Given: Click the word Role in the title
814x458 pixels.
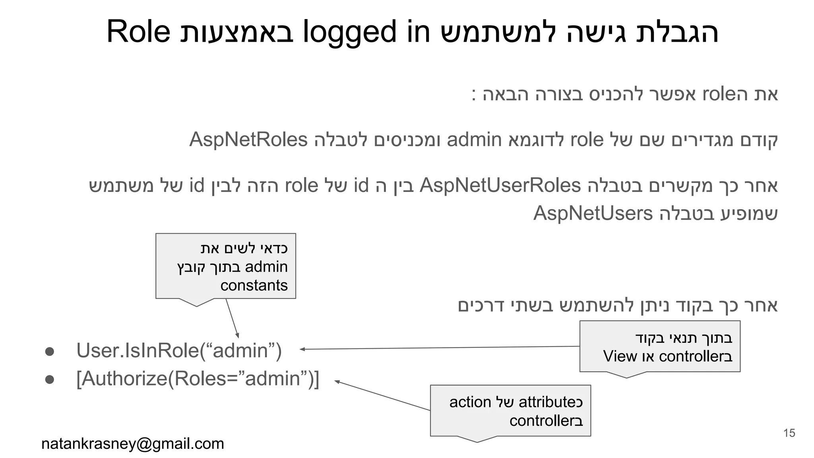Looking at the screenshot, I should [x=138, y=32].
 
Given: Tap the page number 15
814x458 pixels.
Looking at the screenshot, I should [x=789, y=433].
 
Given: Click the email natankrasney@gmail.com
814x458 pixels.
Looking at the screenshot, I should [x=133, y=444].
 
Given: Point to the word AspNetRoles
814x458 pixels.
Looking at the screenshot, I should [x=248, y=140].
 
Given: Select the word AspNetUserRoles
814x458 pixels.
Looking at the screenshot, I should [x=500, y=186].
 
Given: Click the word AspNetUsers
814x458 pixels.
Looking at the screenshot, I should [x=593, y=213].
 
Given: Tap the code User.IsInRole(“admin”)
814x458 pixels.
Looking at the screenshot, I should [x=179, y=351].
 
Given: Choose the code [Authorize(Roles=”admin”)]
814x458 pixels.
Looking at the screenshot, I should [x=198, y=378].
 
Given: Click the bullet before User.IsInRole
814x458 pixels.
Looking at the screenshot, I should [x=50, y=351].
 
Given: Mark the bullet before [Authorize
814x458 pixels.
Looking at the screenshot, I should [x=50, y=379].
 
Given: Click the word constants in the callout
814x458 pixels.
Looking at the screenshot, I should [x=254, y=285].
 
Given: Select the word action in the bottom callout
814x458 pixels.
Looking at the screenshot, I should [x=470, y=402].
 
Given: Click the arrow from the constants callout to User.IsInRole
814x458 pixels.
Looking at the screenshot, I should [x=232, y=318].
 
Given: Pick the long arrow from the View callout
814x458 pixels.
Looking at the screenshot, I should [x=437, y=348].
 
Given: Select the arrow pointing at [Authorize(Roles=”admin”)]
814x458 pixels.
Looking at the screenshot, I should [x=382, y=396].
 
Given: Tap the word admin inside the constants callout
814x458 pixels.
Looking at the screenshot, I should [x=266, y=267].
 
